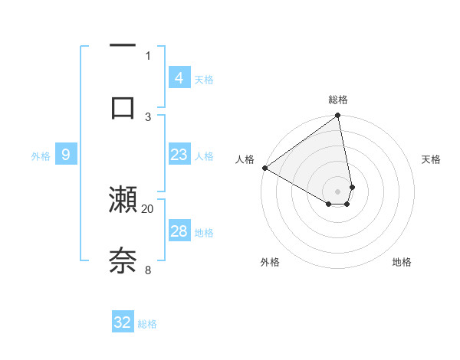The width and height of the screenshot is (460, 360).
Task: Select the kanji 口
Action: tap(123, 107)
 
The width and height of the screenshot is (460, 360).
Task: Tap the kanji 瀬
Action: tap(123, 199)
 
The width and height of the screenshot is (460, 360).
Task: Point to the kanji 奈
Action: tap(123, 260)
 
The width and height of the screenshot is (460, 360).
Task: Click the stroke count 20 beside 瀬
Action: tap(148, 208)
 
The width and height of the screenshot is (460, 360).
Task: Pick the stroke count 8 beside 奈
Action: tap(148, 270)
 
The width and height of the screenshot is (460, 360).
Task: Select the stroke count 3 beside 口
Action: tap(148, 116)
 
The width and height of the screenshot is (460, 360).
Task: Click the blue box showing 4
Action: tap(179, 78)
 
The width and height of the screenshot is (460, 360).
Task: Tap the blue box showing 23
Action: tap(179, 155)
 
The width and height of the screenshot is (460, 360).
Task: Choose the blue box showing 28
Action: tap(179, 231)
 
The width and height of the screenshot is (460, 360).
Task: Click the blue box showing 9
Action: tap(66, 155)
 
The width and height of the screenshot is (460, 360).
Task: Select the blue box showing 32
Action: tap(123, 322)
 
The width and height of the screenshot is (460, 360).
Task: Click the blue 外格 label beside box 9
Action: tap(41, 155)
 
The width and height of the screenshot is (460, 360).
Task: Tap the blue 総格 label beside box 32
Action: tap(147, 324)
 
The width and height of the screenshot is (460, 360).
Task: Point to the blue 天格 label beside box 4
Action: tap(204, 79)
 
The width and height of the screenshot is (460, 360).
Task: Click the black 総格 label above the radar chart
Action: tap(338, 100)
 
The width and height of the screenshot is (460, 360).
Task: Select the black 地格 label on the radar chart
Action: tap(402, 262)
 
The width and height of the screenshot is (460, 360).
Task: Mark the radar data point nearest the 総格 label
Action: tap(337, 116)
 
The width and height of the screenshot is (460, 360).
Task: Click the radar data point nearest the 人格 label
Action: tap(264, 168)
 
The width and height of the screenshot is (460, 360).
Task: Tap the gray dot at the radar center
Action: tap(337, 191)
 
